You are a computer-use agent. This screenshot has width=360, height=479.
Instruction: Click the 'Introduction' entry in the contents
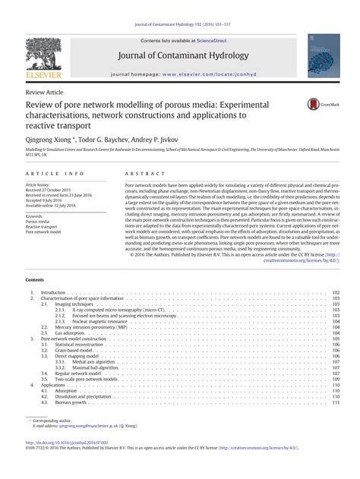pos(54,271)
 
